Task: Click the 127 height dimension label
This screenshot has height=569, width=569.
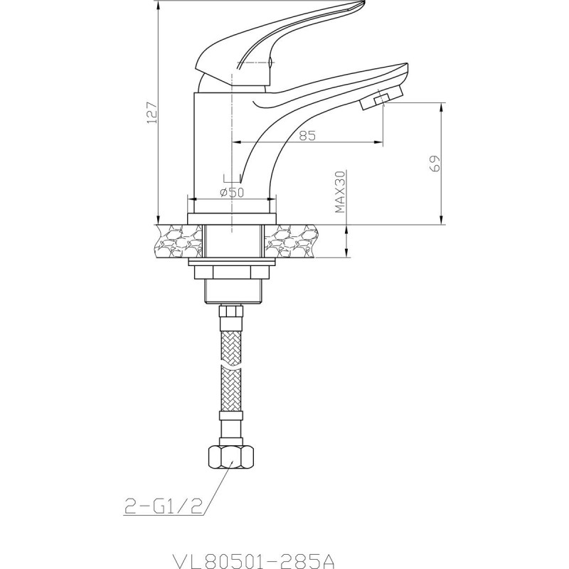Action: pyautogui.click(x=152, y=112)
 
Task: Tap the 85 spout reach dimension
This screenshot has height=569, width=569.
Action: pyautogui.click(x=307, y=135)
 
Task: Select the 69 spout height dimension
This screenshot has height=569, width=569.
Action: pyautogui.click(x=435, y=163)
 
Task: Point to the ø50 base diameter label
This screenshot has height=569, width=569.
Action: pyautogui.click(x=233, y=192)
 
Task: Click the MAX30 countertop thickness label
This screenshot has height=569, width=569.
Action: pyautogui.click(x=341, y=191)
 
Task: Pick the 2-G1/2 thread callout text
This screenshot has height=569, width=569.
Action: pyautogui.click(x=164, y=506)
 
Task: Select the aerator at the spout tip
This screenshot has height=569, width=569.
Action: pyautogui.click(x=381, y=97)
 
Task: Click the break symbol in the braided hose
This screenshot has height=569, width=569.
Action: pyautogui.click(x=230, y=366)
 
